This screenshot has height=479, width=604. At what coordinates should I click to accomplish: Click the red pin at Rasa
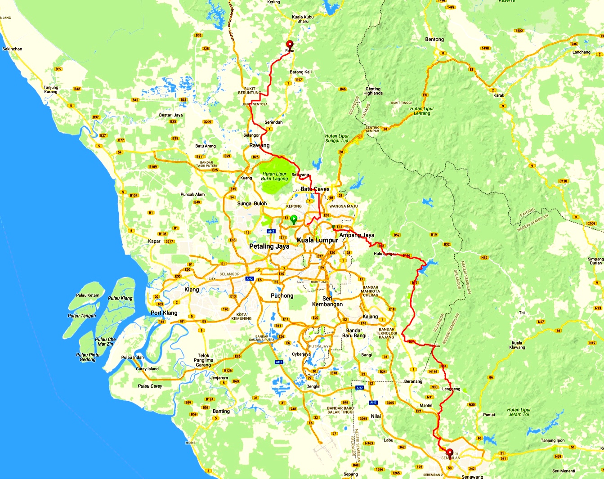coord(290,45)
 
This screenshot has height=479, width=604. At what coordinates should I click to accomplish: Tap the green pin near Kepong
coord(294,219)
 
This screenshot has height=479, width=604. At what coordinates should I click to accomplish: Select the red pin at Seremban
coord(449,453)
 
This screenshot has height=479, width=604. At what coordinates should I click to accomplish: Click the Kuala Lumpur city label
coord(318,240)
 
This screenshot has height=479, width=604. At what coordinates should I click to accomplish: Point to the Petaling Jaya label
coord(269,246)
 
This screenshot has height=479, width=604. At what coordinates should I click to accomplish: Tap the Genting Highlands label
coord(373,91)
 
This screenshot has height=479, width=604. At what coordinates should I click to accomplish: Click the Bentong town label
coord(434,40)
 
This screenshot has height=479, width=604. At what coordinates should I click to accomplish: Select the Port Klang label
coord(164,313)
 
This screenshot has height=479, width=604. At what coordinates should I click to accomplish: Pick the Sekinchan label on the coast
coord(12,49)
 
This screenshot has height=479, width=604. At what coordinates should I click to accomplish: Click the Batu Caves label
coord(315,189)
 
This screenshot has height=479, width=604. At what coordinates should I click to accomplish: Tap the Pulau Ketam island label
coord(88,295)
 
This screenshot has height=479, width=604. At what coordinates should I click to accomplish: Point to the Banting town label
coord(221,411)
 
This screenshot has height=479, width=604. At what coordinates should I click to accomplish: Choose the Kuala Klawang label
coord(517,345)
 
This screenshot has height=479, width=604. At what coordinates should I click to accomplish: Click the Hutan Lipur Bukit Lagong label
coord(274,176)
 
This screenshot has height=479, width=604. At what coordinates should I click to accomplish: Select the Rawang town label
coord(259,145)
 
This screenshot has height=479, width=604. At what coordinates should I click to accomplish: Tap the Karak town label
coord(499,95)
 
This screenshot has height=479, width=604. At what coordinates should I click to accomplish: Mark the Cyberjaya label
coord(301,354)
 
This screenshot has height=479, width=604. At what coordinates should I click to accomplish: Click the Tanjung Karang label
coord(51,90)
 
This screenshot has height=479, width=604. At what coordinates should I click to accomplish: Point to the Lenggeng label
coord(451,389)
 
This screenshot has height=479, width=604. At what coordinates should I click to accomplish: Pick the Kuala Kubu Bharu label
coord(303,19)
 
